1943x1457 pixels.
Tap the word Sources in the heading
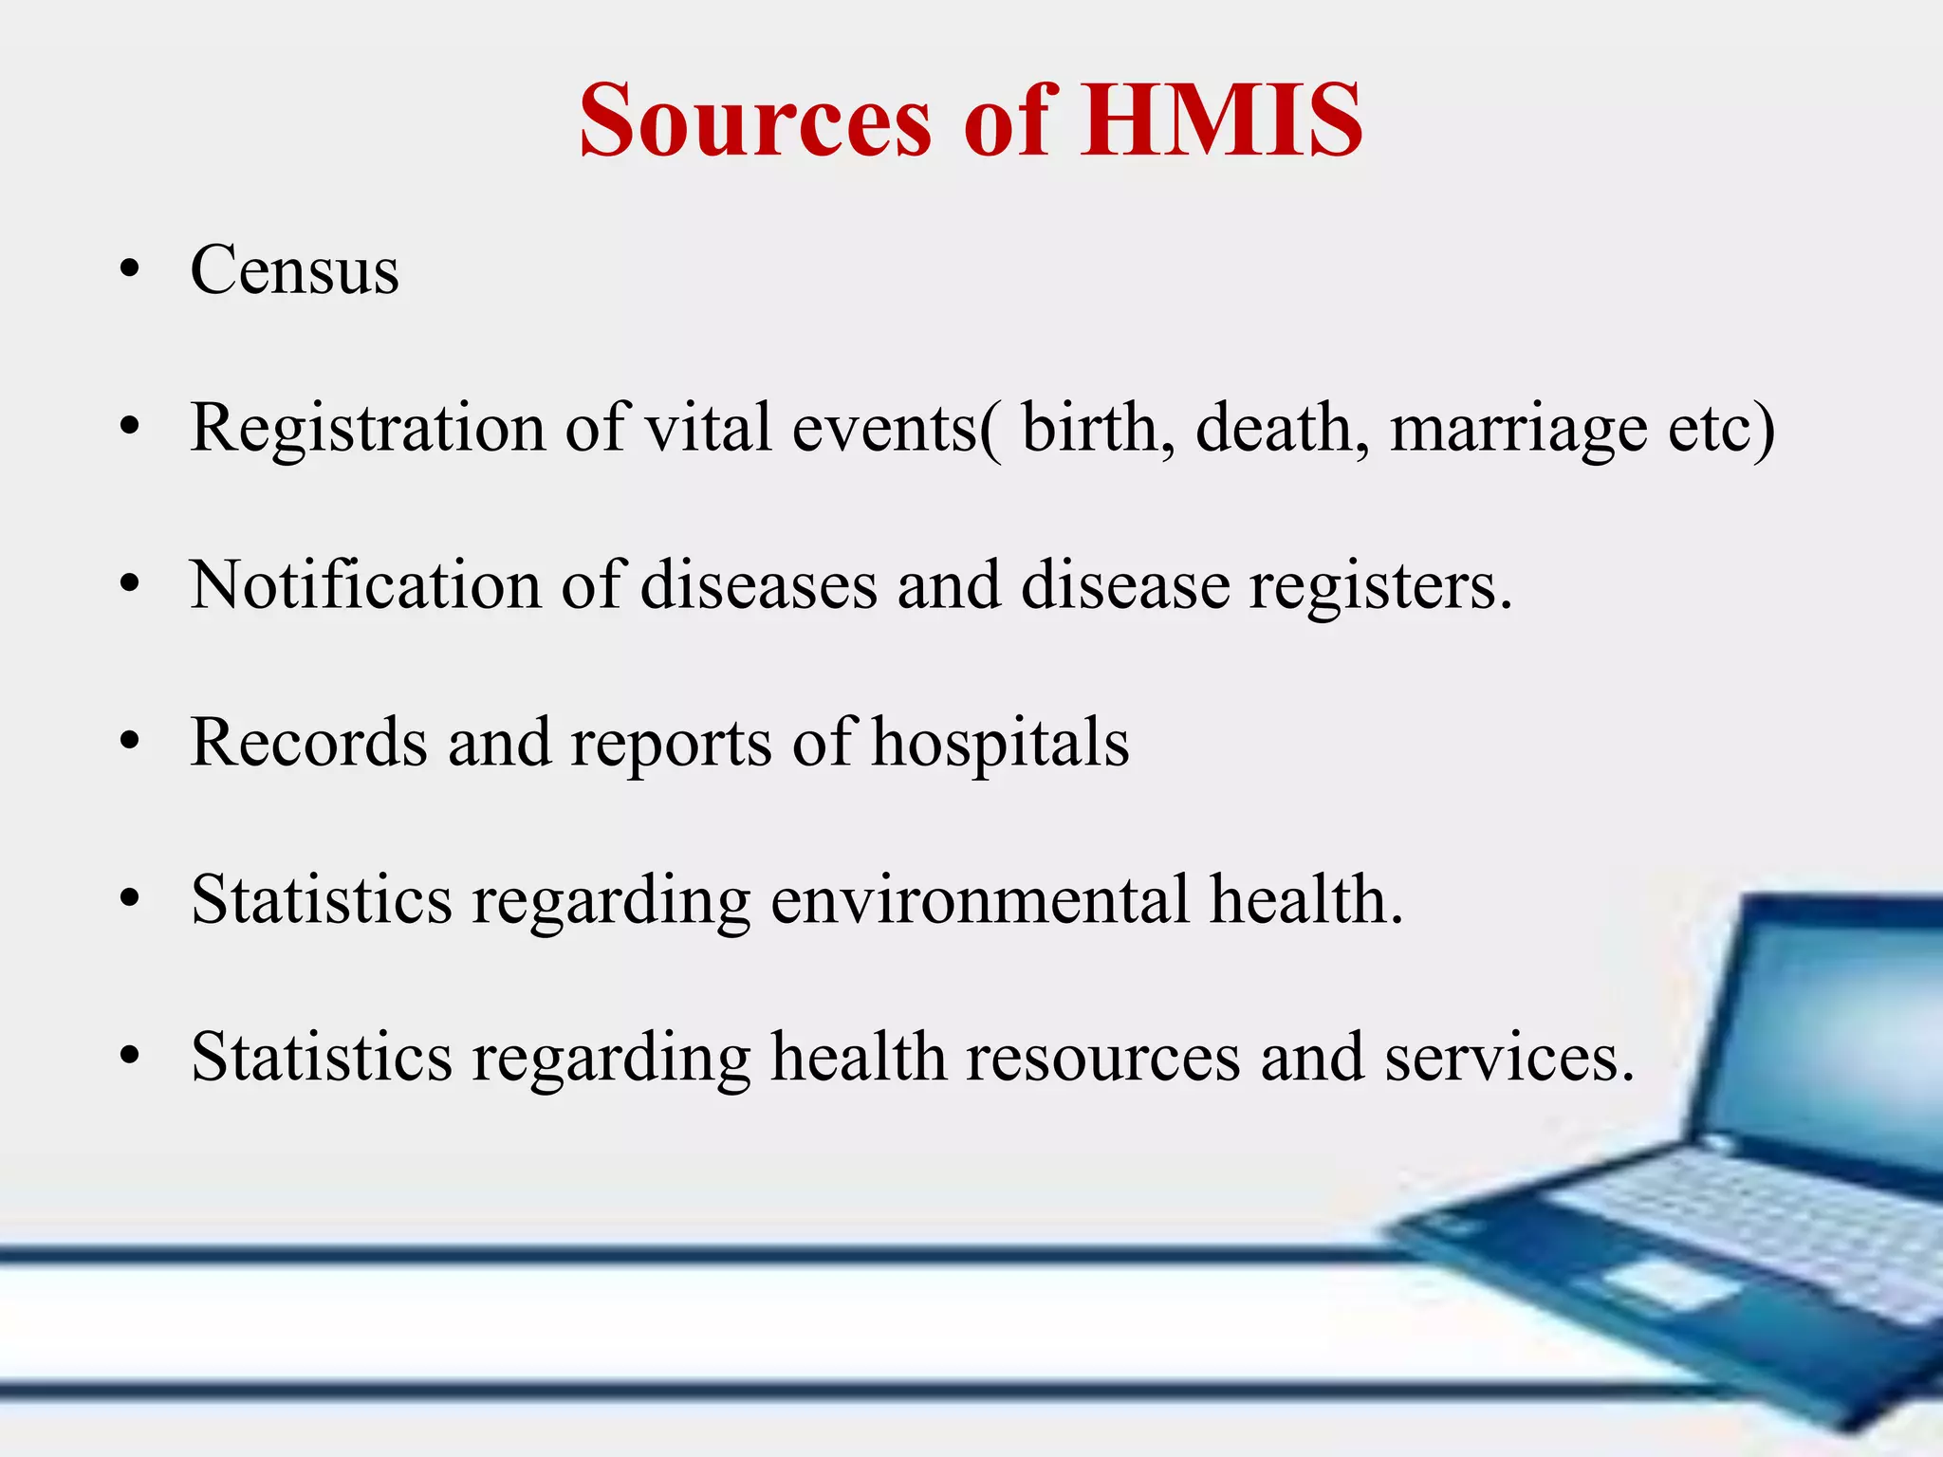click(756, 120)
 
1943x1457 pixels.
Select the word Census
click(294, 270)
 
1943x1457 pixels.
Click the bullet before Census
click(130, 270)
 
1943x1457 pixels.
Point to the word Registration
click(367, 429)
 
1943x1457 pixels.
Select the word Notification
click(365, 585)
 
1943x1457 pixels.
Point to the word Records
click(308, 743)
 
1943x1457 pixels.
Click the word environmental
click(979, 900)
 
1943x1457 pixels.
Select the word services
click(1508, 1058)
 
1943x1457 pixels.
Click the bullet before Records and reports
click(130, 743)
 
